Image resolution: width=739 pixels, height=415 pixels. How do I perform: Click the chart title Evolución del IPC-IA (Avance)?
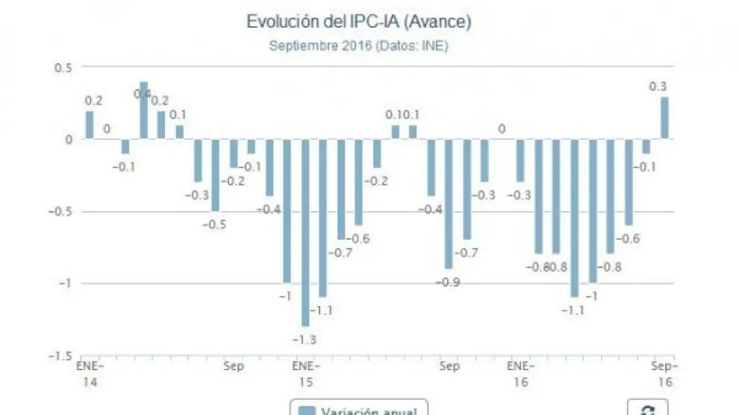(x=358, y=22)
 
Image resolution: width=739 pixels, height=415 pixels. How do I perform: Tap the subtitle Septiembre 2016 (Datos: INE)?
(x=358, y=46)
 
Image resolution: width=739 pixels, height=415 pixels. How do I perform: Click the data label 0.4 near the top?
(x=142, y=94)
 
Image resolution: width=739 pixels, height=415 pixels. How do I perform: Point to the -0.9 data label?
(x=451, y=282)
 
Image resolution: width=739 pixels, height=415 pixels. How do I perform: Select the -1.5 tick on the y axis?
(x=57, y=355)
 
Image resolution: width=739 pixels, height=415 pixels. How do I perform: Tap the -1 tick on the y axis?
(x=64, y=283)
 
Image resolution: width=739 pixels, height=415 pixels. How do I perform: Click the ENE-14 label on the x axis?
(x=90, y=374)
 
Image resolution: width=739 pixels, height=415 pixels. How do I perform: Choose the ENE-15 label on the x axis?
(x=305, y=374)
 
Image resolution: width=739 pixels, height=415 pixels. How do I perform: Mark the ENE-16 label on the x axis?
(x=520, y=374)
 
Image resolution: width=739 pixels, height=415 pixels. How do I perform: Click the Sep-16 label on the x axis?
(x=664, y=374)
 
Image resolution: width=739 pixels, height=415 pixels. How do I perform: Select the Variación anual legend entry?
(x=358, y=410)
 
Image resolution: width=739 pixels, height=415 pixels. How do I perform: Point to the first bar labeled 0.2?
(x=90, y=125)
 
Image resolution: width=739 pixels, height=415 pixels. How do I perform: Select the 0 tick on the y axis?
(x=68, y=139)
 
